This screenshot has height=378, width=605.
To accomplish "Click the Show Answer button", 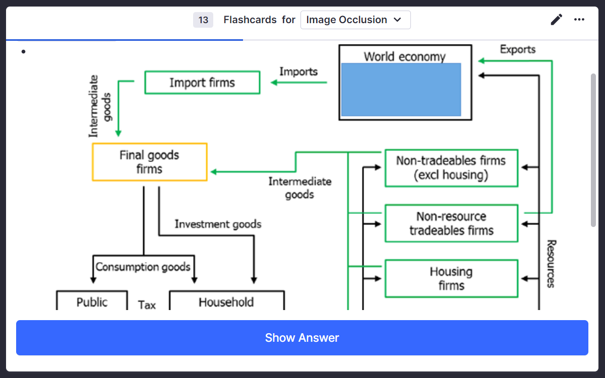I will point(302,338).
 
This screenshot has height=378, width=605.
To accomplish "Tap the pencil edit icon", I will point(556,20).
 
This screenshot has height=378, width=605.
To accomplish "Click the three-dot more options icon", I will point(579,20).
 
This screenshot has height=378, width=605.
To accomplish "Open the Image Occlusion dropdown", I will point(355,20).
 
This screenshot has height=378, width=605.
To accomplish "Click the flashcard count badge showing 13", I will point(203,20).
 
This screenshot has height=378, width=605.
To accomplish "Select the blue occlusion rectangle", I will point(401,90).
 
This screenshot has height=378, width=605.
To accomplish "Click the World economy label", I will point(404,56).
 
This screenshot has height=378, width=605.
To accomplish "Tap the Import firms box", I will point(202,83).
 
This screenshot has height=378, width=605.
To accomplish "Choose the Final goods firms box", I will point(150,162).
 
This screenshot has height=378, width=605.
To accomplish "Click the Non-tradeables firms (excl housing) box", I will point(451,168).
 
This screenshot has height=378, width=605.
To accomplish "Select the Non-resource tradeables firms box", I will point(451,223).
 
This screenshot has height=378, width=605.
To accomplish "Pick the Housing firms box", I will point(451,278).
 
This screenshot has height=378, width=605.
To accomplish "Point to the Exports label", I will point(517,49).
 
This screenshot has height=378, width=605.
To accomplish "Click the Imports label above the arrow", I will point(298,71).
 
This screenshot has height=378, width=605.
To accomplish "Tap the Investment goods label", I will point(218,224).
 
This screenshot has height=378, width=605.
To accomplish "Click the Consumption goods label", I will point(143,267).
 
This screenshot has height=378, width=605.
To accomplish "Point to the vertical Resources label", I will point(551,263).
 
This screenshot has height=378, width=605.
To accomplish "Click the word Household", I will point(226,302).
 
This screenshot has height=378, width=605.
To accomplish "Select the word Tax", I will point(147,305).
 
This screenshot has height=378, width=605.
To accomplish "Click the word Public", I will point(92,302).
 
